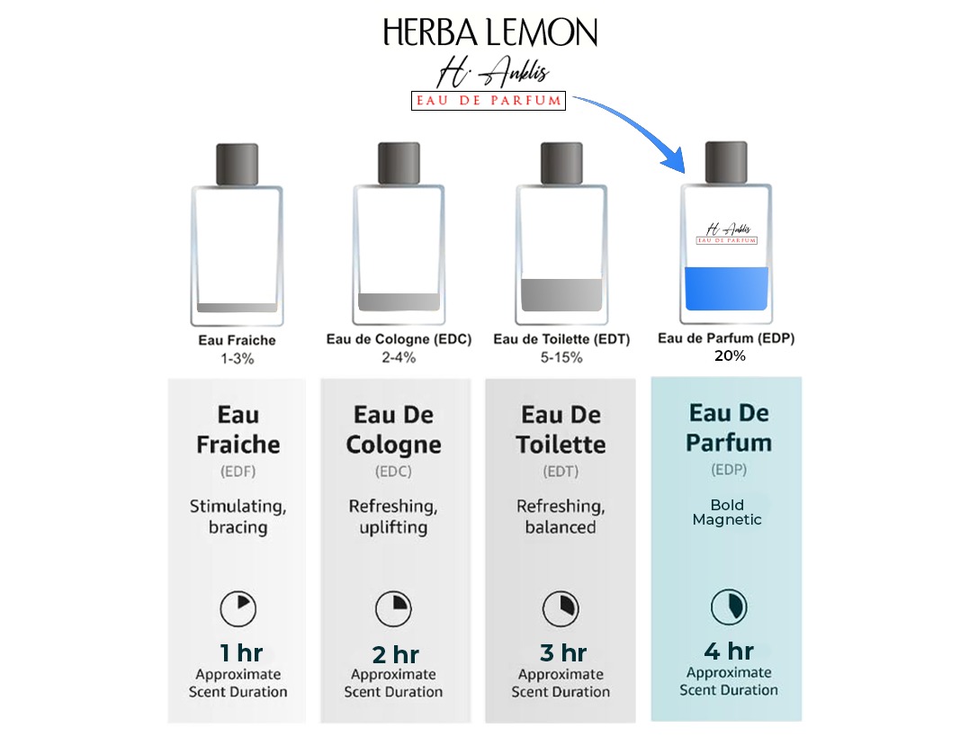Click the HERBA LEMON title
click(489, 32)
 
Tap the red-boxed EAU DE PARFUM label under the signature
click(489, 101)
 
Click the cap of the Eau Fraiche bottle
click(237, 165)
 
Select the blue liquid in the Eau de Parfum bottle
click(726, 288)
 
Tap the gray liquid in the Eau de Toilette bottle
click(561, 295)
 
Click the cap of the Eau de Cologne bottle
click(399, 164)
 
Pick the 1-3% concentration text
click(237, 359)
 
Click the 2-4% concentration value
click(399, 357)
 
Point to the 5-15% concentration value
click(561, 357)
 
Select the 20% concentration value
click(730, 355)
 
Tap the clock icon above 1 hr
click(238, 608)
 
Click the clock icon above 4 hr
click(729, 607)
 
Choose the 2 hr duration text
click(396, 655)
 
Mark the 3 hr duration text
click(563, 653)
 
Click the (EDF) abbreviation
click(238, 472)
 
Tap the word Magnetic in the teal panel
click(727, 519)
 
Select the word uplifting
click(393, 527)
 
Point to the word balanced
click(561, 527)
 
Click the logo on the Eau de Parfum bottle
click(727, 233)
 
